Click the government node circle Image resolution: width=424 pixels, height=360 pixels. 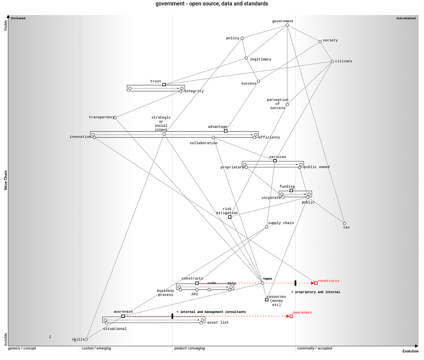[287, 25]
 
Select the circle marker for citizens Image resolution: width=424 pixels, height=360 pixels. [332, 61]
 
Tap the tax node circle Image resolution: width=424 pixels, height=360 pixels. [344, 224]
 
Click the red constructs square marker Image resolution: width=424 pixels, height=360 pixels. [316, 283]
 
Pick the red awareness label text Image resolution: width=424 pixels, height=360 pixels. [302, 312]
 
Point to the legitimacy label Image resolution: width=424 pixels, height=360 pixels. [260, 59]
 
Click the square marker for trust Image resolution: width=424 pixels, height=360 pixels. [164, 84]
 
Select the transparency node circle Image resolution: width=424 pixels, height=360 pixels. [115, 118]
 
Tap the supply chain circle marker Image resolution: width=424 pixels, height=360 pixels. [266, 227]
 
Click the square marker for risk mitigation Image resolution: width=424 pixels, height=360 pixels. [230, 217]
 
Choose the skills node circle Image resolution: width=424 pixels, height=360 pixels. [86, 339]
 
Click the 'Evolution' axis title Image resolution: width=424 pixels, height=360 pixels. [410, 351]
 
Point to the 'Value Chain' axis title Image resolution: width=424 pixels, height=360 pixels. [6, 181]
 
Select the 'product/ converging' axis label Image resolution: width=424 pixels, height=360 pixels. [189, 348]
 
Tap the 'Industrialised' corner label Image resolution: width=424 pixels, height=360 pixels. [406, 18]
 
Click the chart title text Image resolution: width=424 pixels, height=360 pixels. [212, 4]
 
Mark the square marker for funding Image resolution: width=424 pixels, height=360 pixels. [291, 190]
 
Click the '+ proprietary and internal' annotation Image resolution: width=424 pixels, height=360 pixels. [316, 292]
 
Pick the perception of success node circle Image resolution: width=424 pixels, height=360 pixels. [287, 105]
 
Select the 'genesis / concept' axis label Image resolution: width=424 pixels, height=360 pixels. [22, 348]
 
